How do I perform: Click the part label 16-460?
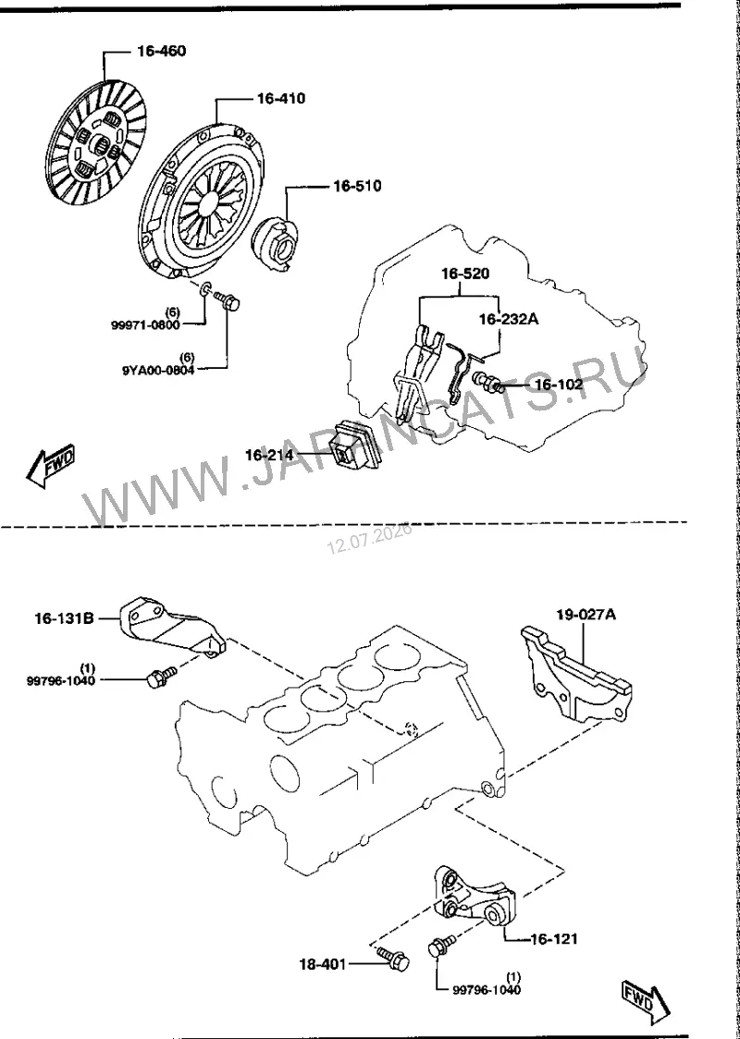tap(162, 52)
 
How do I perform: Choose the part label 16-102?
tap(559, 385)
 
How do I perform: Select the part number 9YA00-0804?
tap(158, 371)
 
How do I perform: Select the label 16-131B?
tap(64, 619)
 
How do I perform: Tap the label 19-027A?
tap(586, 615)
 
